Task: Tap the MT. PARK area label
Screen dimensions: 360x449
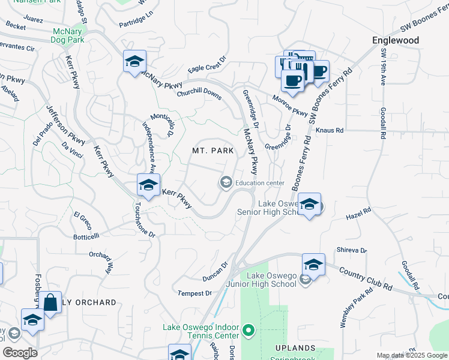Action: pos(212,150)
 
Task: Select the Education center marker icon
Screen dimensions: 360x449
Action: pos(226,182)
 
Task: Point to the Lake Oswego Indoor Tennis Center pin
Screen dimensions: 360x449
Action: pos(249,331)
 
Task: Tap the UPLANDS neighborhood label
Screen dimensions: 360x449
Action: pos(295,348)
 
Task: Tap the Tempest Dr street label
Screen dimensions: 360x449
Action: pos(195,293)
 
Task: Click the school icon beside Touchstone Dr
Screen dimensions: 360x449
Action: pos(148,185)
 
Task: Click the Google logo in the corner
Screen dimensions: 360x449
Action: pos(20,353)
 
